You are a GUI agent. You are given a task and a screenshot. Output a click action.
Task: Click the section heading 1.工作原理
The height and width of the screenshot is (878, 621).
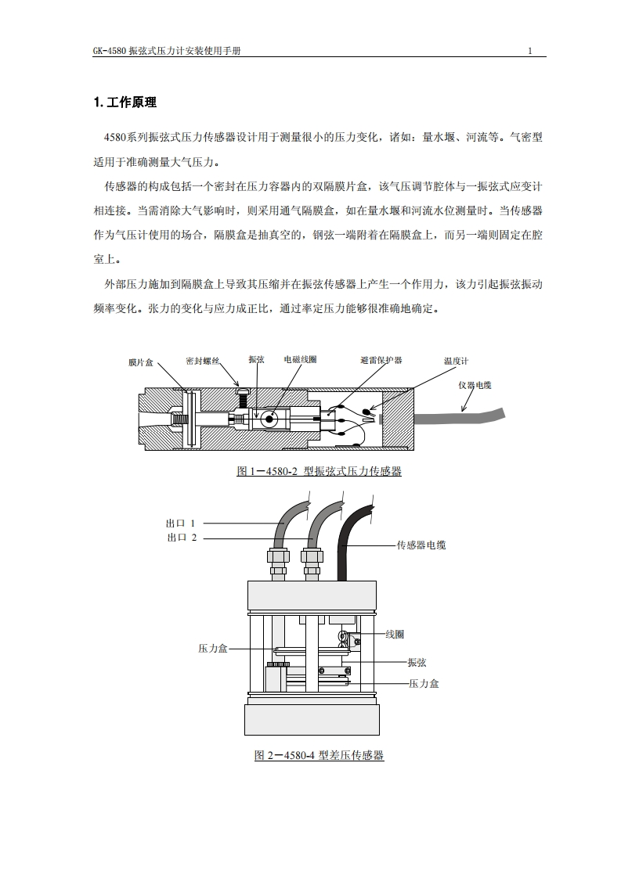tap(125, 103)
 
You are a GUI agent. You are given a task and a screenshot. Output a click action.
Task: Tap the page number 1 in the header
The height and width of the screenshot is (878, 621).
tap(530, 52)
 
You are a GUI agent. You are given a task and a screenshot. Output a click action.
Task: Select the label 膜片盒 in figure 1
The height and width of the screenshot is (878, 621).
tap(141, 363)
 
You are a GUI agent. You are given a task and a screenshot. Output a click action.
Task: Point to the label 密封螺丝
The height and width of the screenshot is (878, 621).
tap(203, 361)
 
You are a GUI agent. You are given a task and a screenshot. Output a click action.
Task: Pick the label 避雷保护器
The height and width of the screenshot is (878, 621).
tap(381, 360)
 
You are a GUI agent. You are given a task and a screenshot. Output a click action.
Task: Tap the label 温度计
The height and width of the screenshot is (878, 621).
tap(456, 362)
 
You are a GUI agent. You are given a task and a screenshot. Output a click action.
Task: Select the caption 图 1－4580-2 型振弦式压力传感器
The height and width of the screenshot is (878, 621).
tap(319, 471)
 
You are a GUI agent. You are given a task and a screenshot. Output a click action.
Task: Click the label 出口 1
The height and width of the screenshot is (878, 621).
tap(180, 523)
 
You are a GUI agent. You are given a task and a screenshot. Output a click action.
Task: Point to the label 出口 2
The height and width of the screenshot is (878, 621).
tap(182, 538)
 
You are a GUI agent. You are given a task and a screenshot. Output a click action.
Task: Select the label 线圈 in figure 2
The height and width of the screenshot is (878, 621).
tap(395, 634)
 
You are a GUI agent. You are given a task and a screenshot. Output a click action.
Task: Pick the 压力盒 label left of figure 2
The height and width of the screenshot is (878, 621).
tap(212, 649)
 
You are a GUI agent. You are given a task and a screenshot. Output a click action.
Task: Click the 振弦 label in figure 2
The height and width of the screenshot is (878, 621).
tap(417, 663)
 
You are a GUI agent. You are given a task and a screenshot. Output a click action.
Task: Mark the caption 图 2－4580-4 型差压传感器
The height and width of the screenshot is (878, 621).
tap(319, 756)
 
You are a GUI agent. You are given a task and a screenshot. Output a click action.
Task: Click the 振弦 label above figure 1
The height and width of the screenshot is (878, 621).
tap(256, 360)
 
